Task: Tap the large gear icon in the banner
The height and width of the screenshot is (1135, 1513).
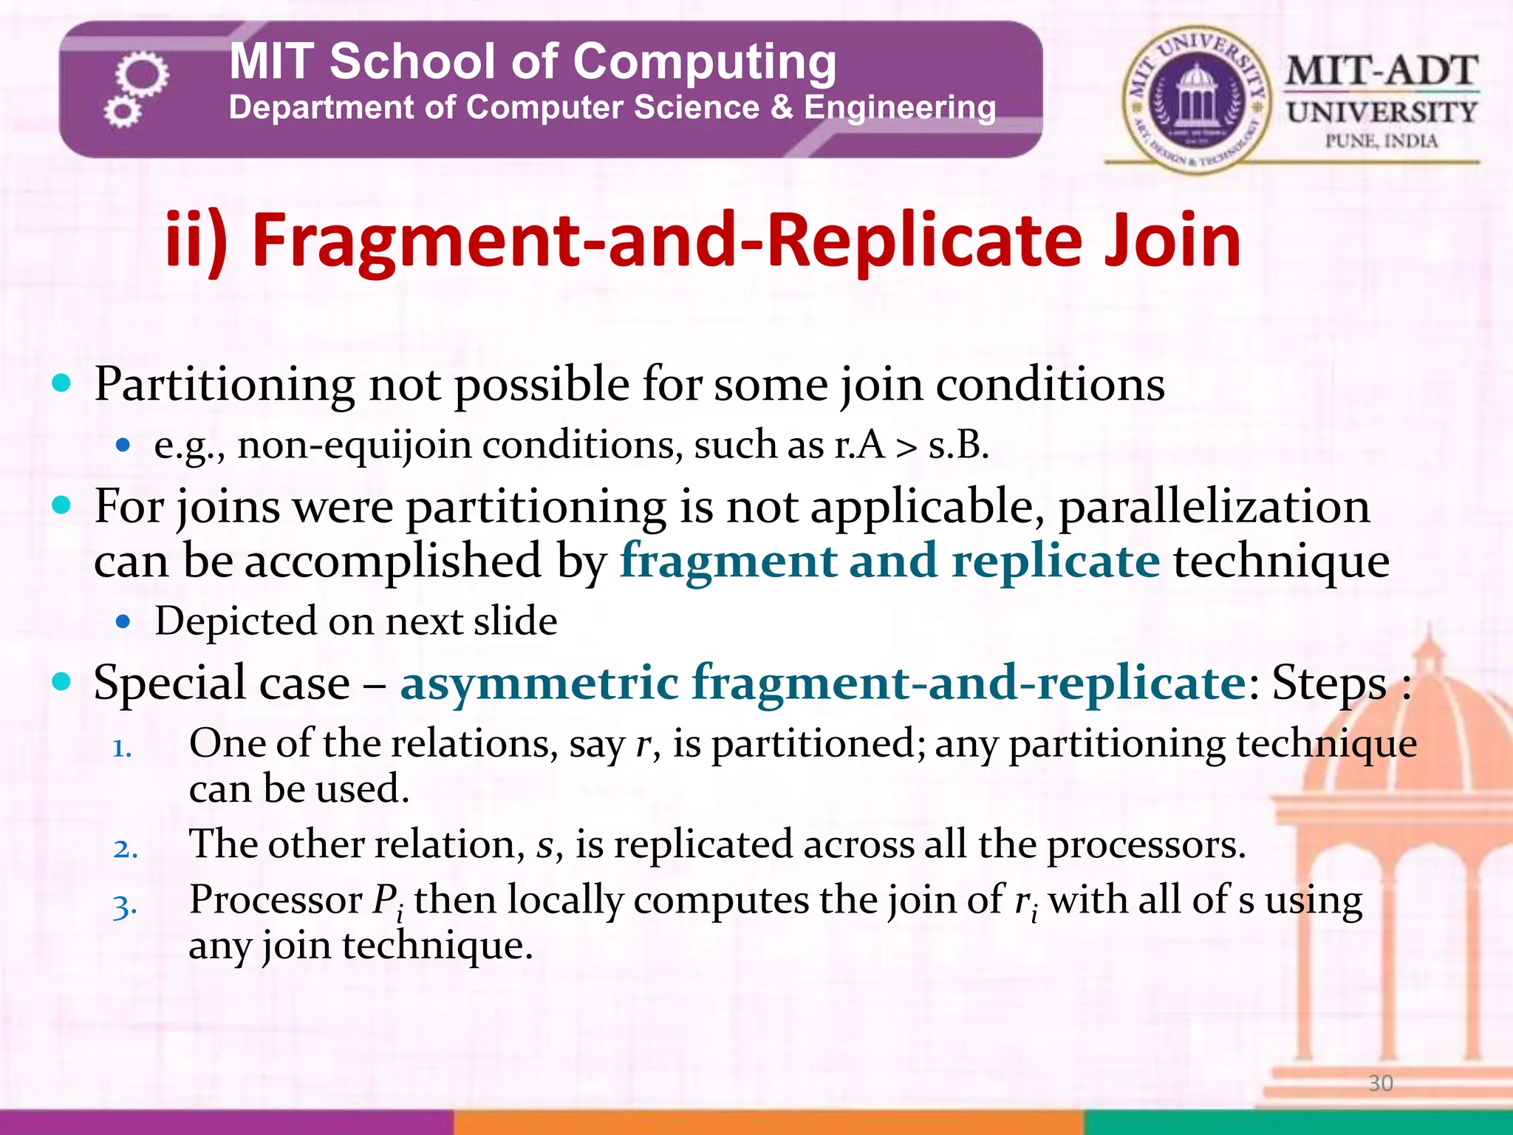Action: pyautogui.click(x=142, y=75)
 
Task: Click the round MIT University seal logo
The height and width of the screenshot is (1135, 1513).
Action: pyautogui.click(x=1196, y=100)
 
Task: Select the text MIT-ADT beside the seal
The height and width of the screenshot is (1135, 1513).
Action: pyautogui.click(x=1381, y=72)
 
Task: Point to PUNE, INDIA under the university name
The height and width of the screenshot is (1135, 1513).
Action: pyautogui.click(x=1381, y=140)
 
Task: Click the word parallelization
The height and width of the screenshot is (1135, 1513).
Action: pyautogui.click(x=1214, y=507)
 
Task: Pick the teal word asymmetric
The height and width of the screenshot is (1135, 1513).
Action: pyautogui.click(x=539, y=682)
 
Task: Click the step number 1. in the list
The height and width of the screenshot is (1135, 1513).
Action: pyautogui.click(x=122, y=749)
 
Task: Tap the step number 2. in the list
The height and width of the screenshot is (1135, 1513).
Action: pyautogui.click(x=125, y=849)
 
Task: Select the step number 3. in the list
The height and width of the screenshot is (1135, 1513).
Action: pyautogui.click(x=125, y=906)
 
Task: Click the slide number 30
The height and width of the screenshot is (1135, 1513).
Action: pyautogui.click(x=1380, y=1083)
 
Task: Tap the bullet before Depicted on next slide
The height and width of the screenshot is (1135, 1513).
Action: pyautogui.click(x=123, y=621)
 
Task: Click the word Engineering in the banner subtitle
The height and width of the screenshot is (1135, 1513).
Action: pyautogui.click(x=899, y=108)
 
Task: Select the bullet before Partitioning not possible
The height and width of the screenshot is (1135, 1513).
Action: pyautogui.click(x=62, y=383)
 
